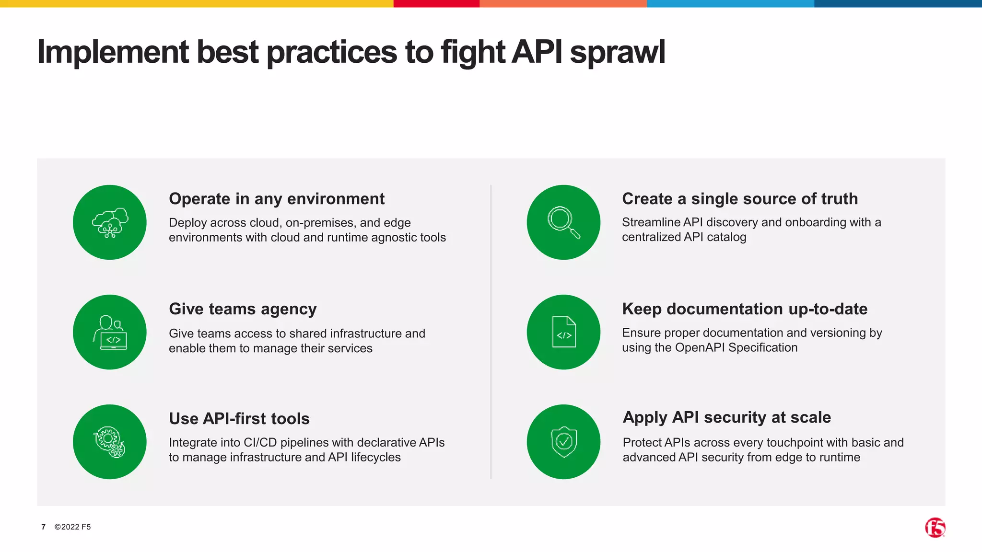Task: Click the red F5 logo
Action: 935,528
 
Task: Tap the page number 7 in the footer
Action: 44,527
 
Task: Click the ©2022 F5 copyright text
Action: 72,527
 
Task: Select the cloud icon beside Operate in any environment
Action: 110,222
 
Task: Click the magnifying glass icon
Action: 563,222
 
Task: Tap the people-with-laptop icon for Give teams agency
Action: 110,332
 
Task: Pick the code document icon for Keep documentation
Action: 563,332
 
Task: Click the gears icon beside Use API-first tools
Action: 110,442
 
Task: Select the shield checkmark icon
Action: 563,442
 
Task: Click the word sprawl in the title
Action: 617,53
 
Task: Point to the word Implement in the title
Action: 113,53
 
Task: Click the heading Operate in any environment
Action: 277,199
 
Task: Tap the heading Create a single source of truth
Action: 740,199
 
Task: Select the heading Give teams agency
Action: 243,309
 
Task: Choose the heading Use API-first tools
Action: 239,419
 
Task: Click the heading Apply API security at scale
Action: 726,417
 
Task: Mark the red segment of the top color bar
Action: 436,3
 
